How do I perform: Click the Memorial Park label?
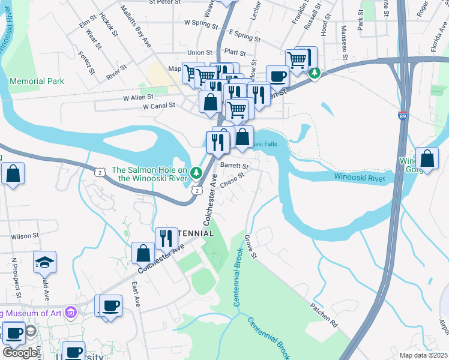click(37, 81)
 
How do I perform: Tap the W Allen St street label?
click(139, 96)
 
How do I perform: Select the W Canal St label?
click(158, 106)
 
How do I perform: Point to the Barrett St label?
click(234, 165)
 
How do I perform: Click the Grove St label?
click(250, 247)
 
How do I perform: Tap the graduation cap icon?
click(44, 262)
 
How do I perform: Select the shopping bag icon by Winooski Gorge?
click(427, 159)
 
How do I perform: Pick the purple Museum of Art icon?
click(71, 313)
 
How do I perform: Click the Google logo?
click(20, 353)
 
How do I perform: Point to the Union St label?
click(200, 53)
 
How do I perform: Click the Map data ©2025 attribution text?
click(424, 355)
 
